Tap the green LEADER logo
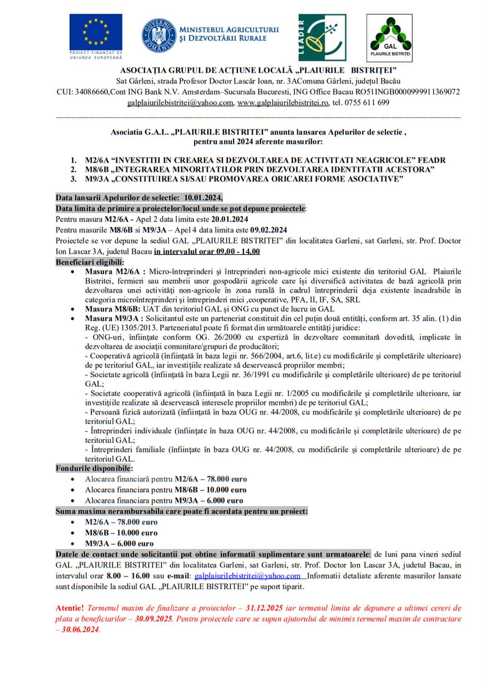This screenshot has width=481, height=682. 322,37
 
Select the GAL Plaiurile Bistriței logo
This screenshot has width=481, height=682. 390,37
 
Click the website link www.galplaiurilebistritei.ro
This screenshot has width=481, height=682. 283,103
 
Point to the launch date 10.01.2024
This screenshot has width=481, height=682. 203,198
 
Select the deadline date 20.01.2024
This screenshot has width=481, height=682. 230,219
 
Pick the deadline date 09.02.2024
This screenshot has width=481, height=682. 268,230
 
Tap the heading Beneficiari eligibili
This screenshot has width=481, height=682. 90,262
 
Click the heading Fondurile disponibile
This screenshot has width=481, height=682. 94,468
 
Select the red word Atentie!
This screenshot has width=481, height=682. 70,608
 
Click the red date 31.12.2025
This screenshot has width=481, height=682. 264,608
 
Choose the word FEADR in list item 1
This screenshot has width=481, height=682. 431,160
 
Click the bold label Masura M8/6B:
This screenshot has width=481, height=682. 112,309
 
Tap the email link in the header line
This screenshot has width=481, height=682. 180,103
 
